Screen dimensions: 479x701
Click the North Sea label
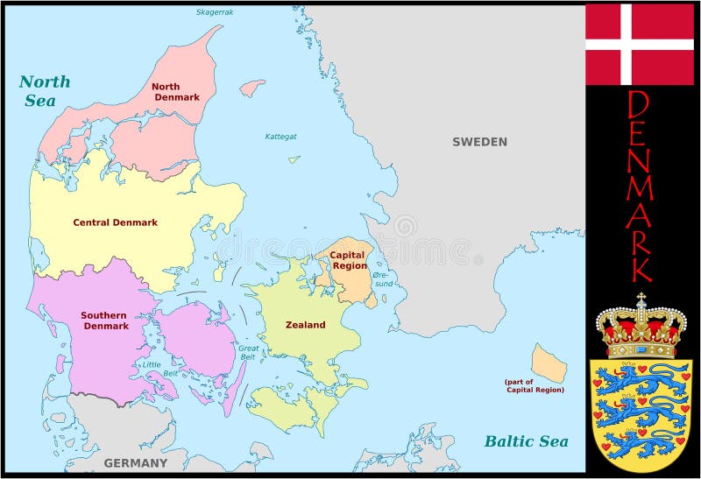click(x=44, y=90)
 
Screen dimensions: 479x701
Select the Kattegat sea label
click(x=281, y=136)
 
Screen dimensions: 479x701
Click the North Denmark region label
click(x=176, y=91)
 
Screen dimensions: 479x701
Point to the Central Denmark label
click(x=115, y=222)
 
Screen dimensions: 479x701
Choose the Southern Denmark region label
click(x=105, y=321)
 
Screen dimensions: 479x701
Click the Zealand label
click(x=305, y=325)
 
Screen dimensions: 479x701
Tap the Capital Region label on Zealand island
click(x=348, y=260)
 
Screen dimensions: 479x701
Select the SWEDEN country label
click(x=479, y=142)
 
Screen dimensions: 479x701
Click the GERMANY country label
click(x=135, y=462)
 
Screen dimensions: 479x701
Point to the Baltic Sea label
click(x=526, y=441)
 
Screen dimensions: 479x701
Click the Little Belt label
click(x=152, y=369)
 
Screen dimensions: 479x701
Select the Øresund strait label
click(x=383, y=278)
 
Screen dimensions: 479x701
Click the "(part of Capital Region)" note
click(x=534, y=385)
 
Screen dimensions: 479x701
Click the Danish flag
click(x=639, y=44)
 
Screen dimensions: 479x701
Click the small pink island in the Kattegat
click(x=252, y=88)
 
